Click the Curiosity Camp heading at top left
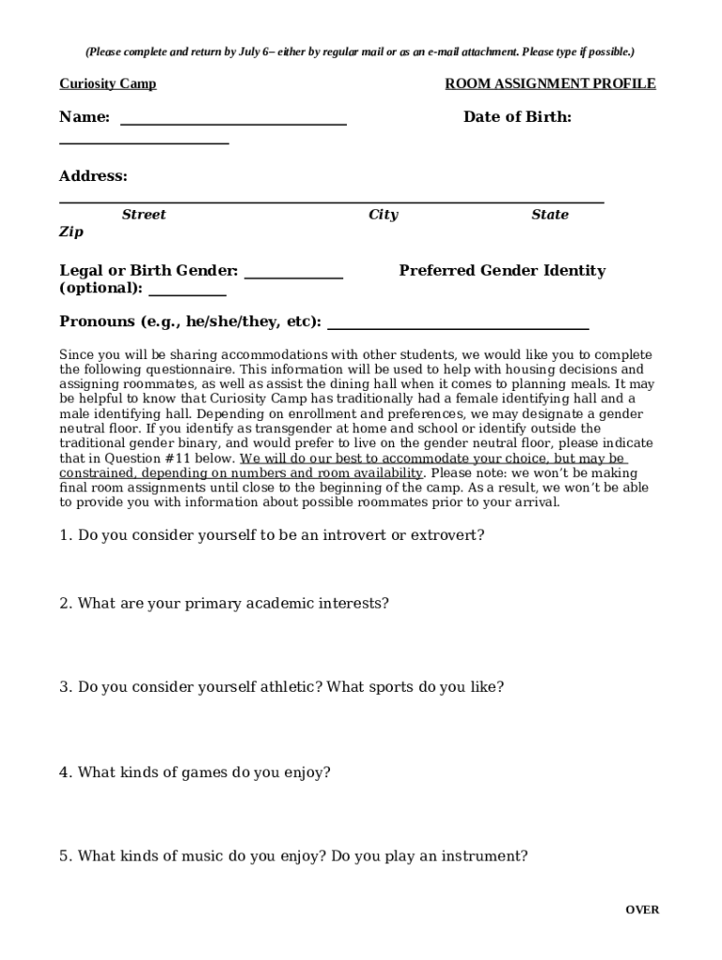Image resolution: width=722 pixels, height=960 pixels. (x=108, y=84)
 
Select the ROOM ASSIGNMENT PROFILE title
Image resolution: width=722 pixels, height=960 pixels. (x=549, y=84)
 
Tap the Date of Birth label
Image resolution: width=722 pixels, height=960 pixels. (x=517, y=117)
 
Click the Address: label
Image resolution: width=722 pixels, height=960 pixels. (x=93, y=176)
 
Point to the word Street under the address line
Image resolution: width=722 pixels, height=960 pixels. (x=143, y=215)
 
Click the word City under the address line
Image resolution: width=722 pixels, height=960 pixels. (x=383, y=215)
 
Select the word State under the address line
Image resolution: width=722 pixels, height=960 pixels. (x=549, y=215)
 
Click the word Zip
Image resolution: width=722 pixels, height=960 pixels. (x=71, y=232)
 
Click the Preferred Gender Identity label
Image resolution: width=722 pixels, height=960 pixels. (x=502, y=271)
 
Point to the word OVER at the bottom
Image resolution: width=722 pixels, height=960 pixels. (x=642, y=909)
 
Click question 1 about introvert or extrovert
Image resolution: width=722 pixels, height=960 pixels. (x=272, y=535)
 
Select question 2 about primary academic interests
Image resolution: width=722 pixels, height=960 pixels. (x=223, y=604)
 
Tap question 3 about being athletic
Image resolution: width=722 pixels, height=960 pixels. (x=281, y=687)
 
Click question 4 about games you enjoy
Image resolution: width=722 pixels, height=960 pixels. (x=195, y=772)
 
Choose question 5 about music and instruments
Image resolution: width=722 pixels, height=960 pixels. (x=293, y=856)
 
